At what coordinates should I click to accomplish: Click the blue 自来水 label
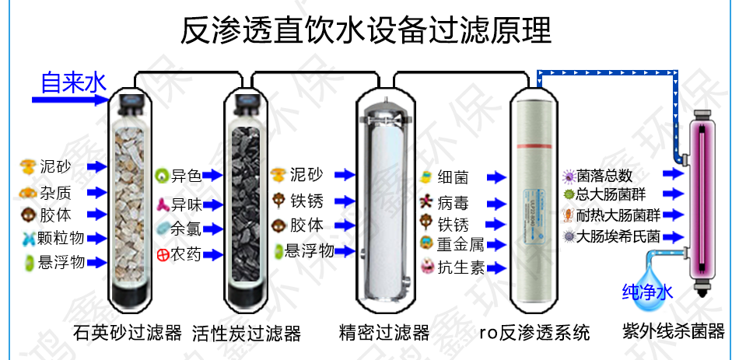(x=73, y=82)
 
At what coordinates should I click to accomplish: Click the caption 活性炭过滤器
(x=247, y=333)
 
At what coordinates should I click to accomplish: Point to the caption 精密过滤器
(x=384, y=333)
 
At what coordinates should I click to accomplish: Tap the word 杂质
(x=56, y=192)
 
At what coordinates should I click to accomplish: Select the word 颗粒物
(x=62, y=237)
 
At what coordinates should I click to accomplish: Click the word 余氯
(x=186, y=229)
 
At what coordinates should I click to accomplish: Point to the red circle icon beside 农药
(x=162, y=253)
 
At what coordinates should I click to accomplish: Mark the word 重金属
(x=461, y=245)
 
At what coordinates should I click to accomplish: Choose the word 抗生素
(x=461, y=267)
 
